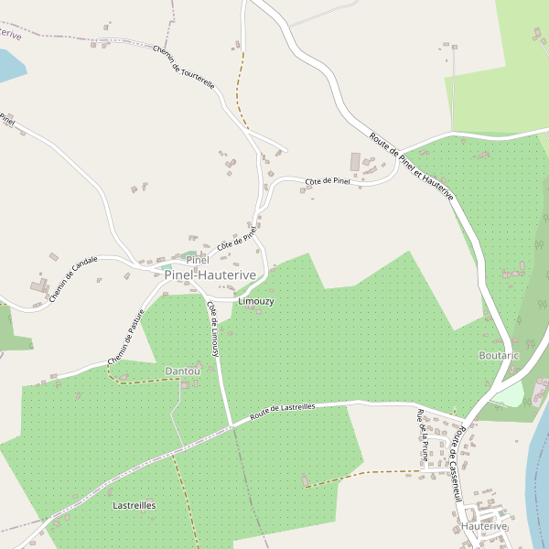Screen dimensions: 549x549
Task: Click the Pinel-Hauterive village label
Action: click(210, 274)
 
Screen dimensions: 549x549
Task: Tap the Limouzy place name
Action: click(255, 301)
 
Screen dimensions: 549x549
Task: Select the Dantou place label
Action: click(182, 371)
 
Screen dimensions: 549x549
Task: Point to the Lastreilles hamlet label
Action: click(134, 505)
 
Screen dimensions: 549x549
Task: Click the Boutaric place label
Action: click(499, 355)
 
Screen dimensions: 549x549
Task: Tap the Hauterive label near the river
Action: click(485, 528)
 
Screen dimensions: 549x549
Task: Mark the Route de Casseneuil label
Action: click(455, 466)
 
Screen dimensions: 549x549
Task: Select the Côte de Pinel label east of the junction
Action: click(328, 181)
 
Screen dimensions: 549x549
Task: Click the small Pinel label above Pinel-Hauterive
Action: click(198, 261)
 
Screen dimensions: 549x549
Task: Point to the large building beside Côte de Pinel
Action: click(356, 162)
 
